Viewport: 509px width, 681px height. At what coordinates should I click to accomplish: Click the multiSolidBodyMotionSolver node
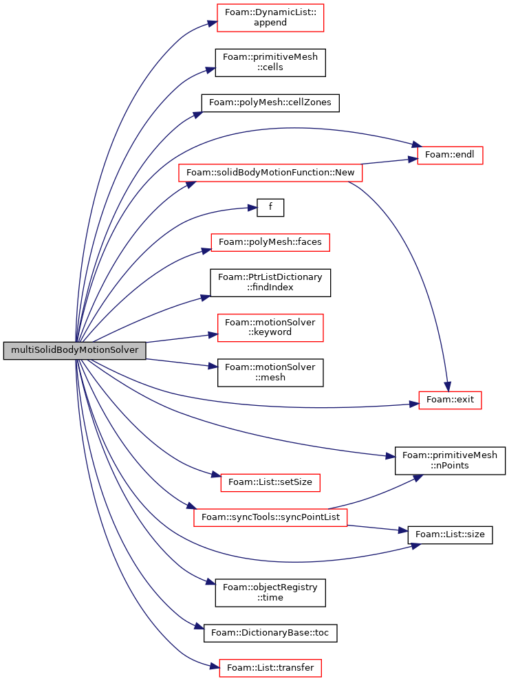tap(74, 350)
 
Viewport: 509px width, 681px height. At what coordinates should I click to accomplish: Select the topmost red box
tap(270, 18)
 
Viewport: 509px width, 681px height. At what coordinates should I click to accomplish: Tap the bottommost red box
tap(270, 668)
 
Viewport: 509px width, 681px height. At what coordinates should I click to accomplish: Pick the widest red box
tap(270, 173)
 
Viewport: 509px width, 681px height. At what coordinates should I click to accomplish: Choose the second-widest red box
tap(270, 517)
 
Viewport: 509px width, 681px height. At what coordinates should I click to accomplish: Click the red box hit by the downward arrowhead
tap(450, 400)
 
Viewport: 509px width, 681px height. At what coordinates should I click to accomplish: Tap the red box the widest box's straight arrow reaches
tap(450, 155)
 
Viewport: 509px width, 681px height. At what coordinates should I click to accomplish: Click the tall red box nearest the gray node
tap(270, 328)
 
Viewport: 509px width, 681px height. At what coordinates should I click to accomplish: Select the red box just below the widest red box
tap(270, 242)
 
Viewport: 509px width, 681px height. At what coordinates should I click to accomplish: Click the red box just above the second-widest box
tap(270, 483)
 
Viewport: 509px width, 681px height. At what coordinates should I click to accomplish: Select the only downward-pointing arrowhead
tap(447, 387)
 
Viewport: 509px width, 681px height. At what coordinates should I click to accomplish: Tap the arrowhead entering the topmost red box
tap(212, 23)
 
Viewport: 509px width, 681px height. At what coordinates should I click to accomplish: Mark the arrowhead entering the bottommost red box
tap(214, 666)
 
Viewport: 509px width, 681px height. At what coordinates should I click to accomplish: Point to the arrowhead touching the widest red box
tap(191, 184)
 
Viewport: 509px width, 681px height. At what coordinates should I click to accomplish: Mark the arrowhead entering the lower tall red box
tap(213, 335)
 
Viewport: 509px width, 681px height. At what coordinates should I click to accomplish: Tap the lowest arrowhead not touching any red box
tap(199, 626)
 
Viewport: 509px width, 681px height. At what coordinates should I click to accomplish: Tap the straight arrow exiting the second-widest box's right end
tap(375, 528)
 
